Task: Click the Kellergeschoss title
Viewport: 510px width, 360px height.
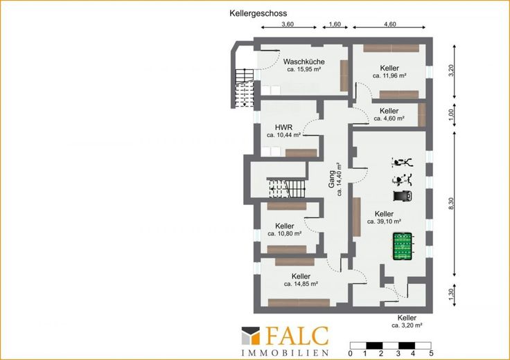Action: [258, 13]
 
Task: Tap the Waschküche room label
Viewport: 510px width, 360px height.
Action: [304, 62]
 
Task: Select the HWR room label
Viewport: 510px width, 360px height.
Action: [283, 127]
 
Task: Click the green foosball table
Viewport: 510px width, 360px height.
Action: [403, 246]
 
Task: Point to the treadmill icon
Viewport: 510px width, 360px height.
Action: [403, 196]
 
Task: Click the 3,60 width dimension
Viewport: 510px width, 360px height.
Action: [288, 24]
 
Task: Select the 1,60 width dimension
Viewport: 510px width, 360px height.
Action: [335, 24]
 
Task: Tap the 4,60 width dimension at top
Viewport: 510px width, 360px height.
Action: [390, 24]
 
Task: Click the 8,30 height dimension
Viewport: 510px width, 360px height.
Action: [451, 204]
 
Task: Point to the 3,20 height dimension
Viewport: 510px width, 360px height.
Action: [451, 71]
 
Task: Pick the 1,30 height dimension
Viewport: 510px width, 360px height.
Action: [451, 294]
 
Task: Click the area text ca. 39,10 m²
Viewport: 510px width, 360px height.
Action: [384, 222]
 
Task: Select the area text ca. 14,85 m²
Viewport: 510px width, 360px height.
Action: [301, 284]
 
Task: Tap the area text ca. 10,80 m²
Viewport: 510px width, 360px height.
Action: [285, 233]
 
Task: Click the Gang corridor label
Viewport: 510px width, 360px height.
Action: [331, 179]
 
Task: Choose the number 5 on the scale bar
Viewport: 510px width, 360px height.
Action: [431, 353]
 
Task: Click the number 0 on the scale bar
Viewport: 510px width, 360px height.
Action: [351, 353]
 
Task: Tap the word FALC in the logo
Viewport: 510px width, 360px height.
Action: [297, 336]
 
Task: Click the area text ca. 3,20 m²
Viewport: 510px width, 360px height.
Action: [407, 325]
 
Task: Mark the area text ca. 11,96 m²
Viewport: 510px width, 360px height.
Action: [389, 75]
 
